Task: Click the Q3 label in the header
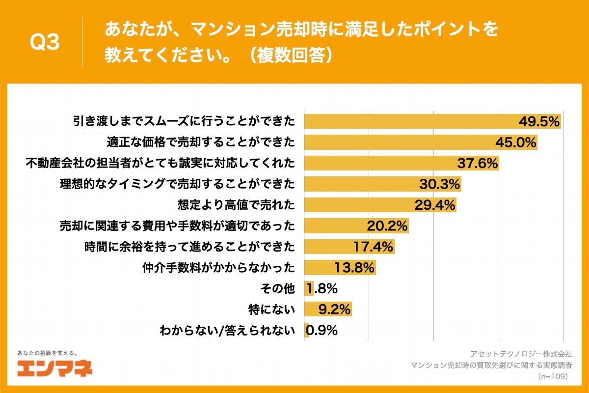pos(45,43)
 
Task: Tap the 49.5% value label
pos(539,122)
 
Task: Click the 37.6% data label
pos(478,163)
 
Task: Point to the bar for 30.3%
pos(382,184)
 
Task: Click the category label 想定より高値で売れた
pos(236,205)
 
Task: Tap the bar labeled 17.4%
pos(349,247)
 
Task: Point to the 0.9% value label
pos(321,330)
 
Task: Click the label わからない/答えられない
pos(228,330)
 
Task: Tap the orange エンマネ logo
pos(54,368)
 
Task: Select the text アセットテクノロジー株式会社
pos(521,354)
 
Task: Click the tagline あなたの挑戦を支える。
pos(47,353)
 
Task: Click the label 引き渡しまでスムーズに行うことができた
pos(184,122)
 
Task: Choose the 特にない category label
pos(272,309)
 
